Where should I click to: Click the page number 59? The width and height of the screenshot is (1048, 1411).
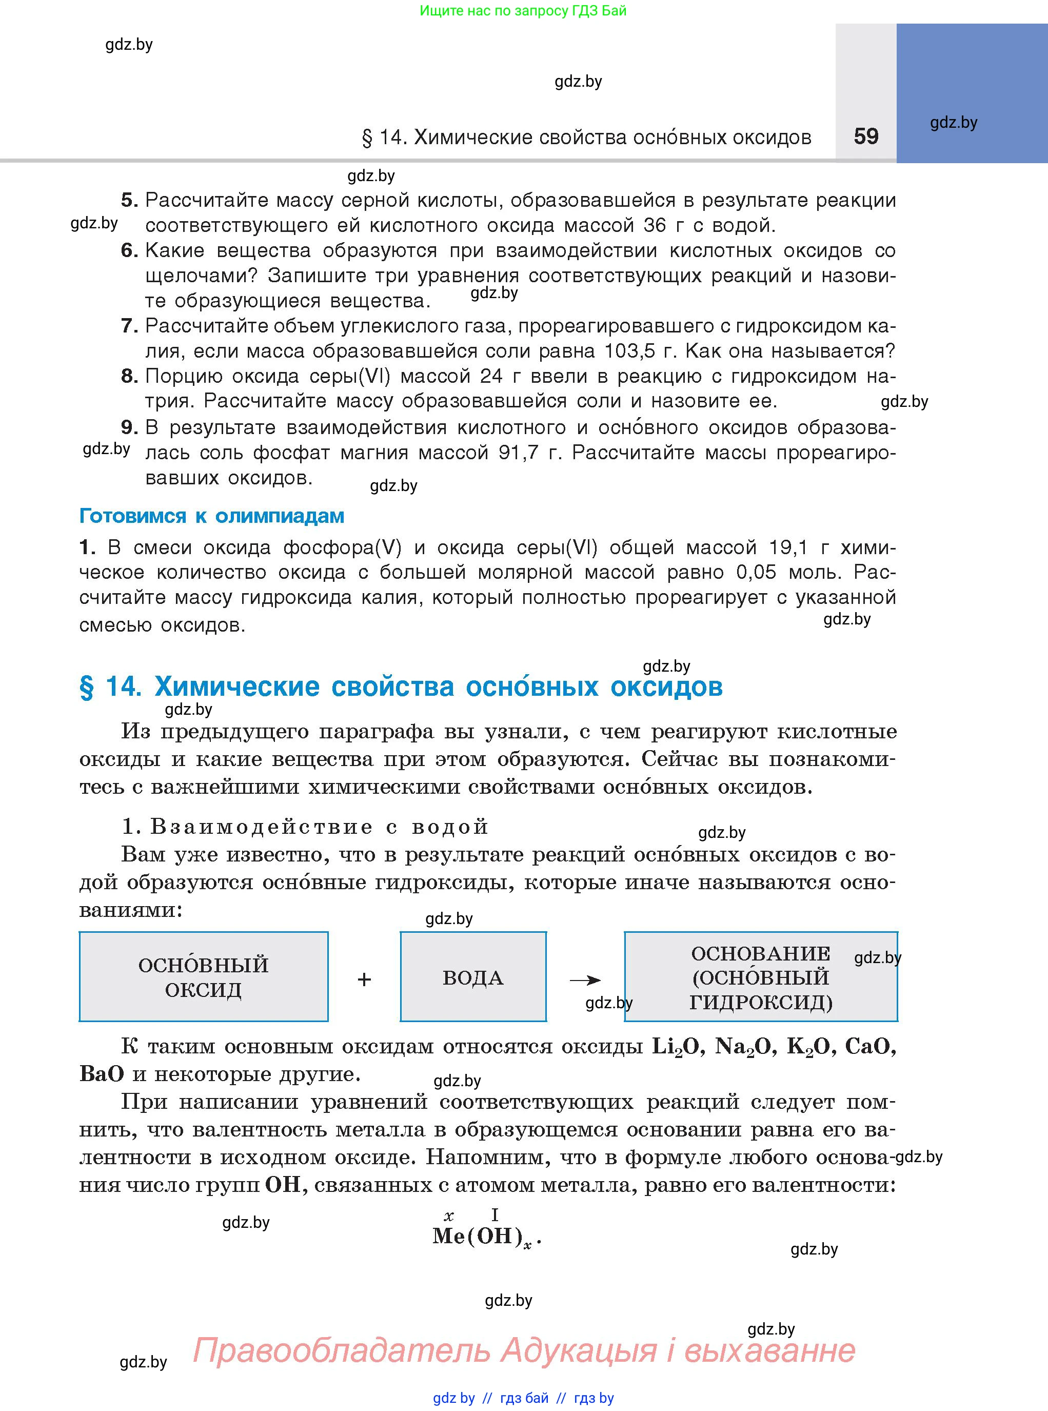point(866,136)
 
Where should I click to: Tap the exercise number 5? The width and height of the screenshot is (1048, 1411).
point(129,201)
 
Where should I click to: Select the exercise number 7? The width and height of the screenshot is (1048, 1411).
point(129,326)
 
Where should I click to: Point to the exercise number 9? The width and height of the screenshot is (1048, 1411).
point(129,427)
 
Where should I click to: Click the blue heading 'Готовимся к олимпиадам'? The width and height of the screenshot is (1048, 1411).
point(212,516)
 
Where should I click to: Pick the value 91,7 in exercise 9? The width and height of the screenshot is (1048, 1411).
point(524,453)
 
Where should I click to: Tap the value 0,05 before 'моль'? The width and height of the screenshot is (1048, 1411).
point(756,572)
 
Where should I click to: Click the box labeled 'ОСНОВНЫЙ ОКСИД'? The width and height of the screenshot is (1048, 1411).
point(204,977)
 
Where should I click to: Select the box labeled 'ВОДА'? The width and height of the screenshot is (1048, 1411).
point(473,977)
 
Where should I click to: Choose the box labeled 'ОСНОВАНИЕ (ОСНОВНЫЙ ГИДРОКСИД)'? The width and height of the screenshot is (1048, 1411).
point(761,977)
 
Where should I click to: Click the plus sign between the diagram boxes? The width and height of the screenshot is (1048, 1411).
point(364,979)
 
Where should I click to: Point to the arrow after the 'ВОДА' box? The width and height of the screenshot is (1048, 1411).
point(585,981)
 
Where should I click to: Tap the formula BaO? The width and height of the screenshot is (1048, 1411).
point(102,1074)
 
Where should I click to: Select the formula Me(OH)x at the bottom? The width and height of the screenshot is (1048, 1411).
point(486,1237)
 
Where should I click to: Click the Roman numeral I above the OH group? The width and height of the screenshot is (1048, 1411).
point(495,1214)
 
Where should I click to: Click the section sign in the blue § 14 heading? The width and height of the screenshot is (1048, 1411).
point(86,688)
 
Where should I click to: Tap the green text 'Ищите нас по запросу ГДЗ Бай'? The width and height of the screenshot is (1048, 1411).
point(523,11)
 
